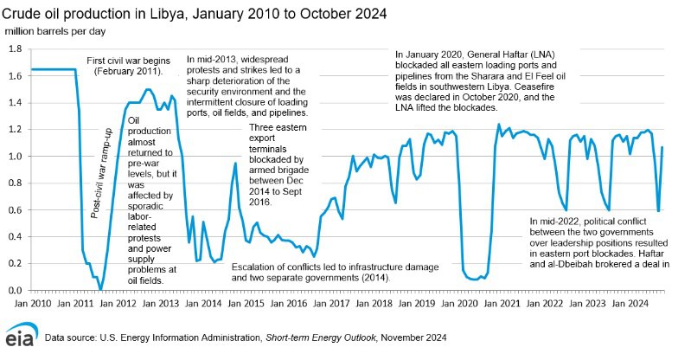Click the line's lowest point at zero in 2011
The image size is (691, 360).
click(100, 290)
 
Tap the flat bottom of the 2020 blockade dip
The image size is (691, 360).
click(472, 279)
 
